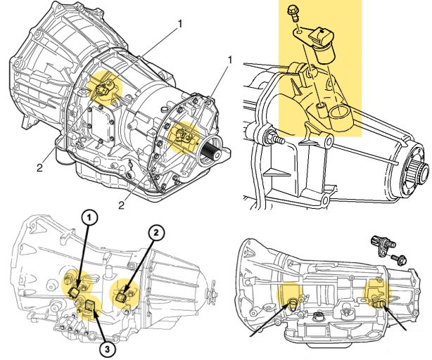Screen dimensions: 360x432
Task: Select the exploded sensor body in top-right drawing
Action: (x=325, y=44)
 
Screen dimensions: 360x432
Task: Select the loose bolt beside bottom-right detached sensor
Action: (x=398, y=260)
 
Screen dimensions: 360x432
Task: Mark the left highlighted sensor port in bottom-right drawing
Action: (x=291, y=303)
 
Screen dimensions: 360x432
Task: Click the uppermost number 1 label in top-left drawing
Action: (x=179, y=23)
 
